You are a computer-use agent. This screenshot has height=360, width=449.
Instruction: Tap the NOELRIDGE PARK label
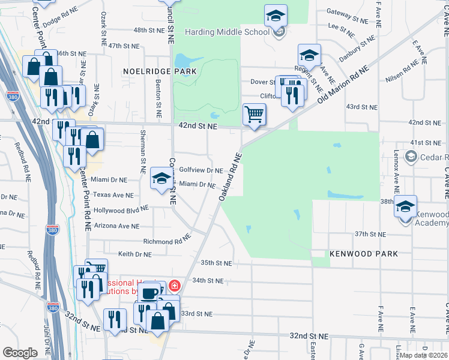coord(160,71)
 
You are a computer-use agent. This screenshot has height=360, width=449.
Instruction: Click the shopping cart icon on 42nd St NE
coord(255,115)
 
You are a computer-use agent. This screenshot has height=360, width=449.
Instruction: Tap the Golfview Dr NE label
coord(201,170)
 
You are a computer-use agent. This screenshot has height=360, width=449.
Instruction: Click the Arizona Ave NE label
coord(116,226)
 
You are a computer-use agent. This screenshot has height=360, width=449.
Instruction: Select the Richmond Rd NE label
coord(167,241)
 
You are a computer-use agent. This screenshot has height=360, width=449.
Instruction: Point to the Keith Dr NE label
coord(134,254)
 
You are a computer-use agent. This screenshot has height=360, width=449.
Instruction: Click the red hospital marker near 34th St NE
coord(175,286)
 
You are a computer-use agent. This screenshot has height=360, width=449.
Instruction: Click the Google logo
coord(20,353)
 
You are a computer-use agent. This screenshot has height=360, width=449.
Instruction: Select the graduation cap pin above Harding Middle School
coord(276,16)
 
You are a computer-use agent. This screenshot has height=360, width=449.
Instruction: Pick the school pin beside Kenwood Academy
coord(406,207)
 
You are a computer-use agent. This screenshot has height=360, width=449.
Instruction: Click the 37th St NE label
coord(369,233)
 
